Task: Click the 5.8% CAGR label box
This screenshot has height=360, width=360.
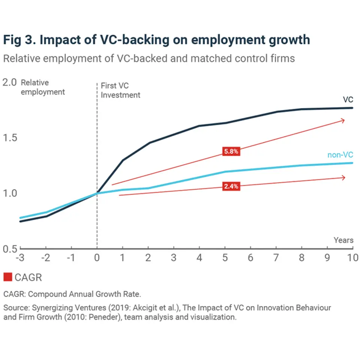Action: coord(231,152)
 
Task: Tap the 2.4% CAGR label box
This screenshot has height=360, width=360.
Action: coord(231,186)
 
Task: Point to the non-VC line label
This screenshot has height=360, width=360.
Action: coord(340,155)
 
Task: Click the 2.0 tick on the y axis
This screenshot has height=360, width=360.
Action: coord(10,82)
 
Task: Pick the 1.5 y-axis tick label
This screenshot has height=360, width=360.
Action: coord(10,138)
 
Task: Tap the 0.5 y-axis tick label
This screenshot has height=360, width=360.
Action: coord(10,249)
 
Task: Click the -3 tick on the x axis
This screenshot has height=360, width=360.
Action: coord(20,258)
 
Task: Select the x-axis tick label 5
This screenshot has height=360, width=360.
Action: coord(225,258)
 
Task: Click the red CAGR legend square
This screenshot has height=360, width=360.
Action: coord(8,277)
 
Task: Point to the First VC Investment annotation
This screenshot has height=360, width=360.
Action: coord(120,90)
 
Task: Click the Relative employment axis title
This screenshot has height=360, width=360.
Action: coord(42,87)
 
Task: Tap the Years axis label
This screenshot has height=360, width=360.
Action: coord(343,240)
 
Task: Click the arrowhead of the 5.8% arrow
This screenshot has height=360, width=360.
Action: coord(343,120)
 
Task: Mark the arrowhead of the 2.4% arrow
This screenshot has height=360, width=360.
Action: coord(343,177)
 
